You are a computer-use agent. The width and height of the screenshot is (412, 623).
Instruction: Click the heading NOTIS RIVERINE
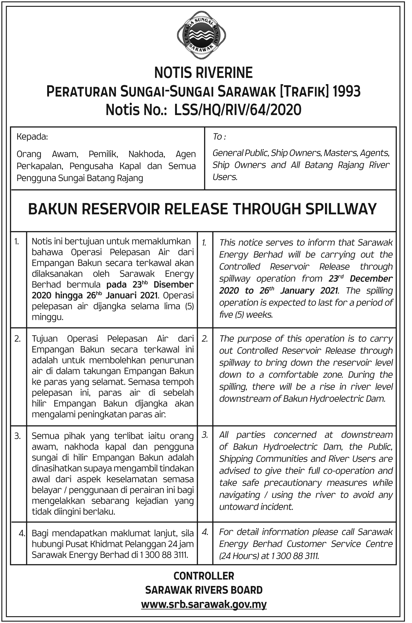pyautogui.click(x=203, y=73)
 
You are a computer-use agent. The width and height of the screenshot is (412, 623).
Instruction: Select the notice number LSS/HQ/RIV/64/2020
pyautogui.click(x=238, y=110)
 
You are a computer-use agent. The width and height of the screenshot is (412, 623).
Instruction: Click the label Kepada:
pyautogui.click(x=32, y=137)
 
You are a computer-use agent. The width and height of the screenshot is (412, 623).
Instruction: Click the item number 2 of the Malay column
pyautogui.click(x=18, y=339)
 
